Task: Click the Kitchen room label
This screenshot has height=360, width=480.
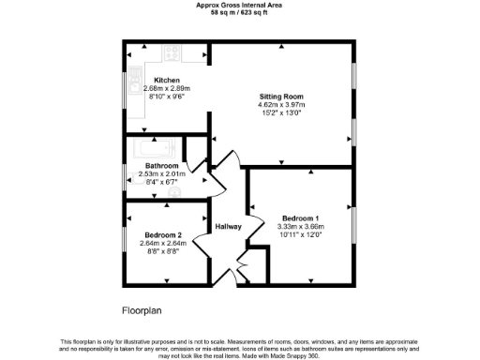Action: pos(167,80)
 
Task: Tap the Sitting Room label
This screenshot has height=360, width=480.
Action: pos(281,97)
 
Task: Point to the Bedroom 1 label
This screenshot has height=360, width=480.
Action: pos(300,217)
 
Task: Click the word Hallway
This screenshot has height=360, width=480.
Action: pos(229,227)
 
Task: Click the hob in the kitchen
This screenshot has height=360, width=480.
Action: pos(174,54)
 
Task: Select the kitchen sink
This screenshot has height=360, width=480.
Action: pos(135,75)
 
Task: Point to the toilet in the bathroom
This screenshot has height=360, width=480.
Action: pos(174,191)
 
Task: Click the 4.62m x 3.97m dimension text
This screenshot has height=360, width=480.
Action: pos(281,105)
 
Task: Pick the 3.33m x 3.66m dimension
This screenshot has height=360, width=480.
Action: pos(300,226)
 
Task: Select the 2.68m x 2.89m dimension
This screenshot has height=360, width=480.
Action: pos(167,88)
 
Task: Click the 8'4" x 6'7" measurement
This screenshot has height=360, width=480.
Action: pos(162,182)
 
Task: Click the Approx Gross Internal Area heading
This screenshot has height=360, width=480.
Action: pos(240,5)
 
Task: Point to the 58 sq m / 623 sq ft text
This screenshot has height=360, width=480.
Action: pos(240,12)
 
